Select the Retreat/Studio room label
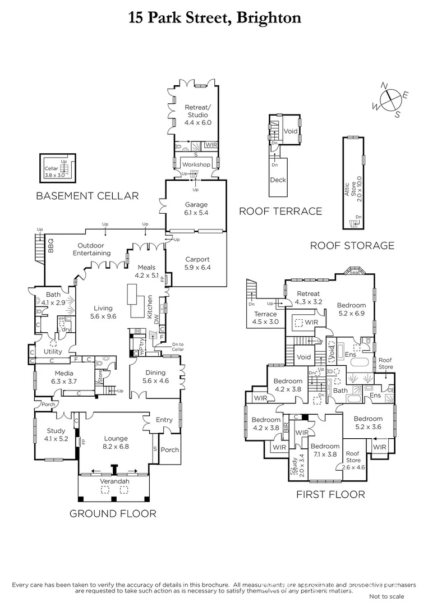(x=197, y=114)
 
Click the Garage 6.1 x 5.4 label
(x=196, y=209)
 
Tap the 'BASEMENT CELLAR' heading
(x=87, y=196)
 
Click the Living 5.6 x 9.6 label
(x=103, y=312)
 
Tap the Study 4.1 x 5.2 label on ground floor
(x=56, y=435)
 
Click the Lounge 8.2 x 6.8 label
(x=116, y=442)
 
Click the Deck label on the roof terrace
(x=278, y=180)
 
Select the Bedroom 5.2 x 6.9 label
(x=351, y=309)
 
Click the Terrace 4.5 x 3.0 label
(x=265, y=318)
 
